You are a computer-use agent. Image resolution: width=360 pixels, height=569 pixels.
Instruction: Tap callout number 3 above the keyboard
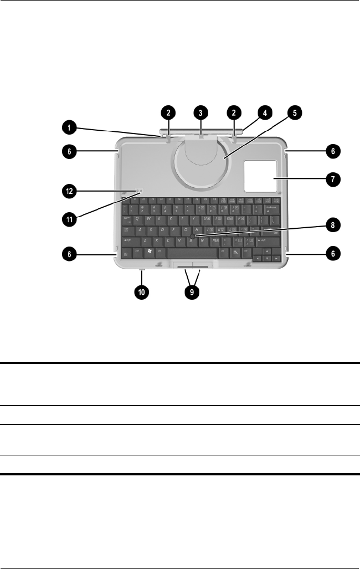201,112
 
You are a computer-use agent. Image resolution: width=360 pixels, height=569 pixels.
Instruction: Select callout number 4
264,112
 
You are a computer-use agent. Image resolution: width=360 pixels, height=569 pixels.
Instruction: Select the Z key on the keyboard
145,241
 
